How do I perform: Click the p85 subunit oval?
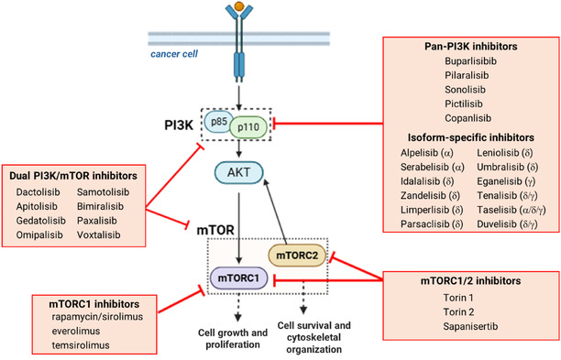(218, 122)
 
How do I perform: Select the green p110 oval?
(248, 127)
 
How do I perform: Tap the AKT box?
(238, 172)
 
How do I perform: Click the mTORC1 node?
(238, 278)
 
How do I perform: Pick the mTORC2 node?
(297, 256)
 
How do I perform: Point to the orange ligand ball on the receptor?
(239, 6)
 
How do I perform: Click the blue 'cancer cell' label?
(174, 54)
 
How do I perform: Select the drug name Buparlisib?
(470, 61)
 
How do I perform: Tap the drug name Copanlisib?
(468, 118)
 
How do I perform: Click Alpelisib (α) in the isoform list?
(427, 153)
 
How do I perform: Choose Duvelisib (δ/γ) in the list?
(507, 224)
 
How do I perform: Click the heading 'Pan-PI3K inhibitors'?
(471, 47)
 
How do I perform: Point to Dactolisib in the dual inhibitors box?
(38, 192)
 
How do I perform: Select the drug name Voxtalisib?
(98, 235)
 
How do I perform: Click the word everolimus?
(76, 331)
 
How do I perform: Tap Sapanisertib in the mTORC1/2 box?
(470, 326)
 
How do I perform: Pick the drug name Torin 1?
(458, 298)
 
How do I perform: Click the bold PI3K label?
(179, 125)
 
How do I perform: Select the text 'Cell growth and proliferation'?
(233, 339)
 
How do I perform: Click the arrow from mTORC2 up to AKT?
(276, 212)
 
